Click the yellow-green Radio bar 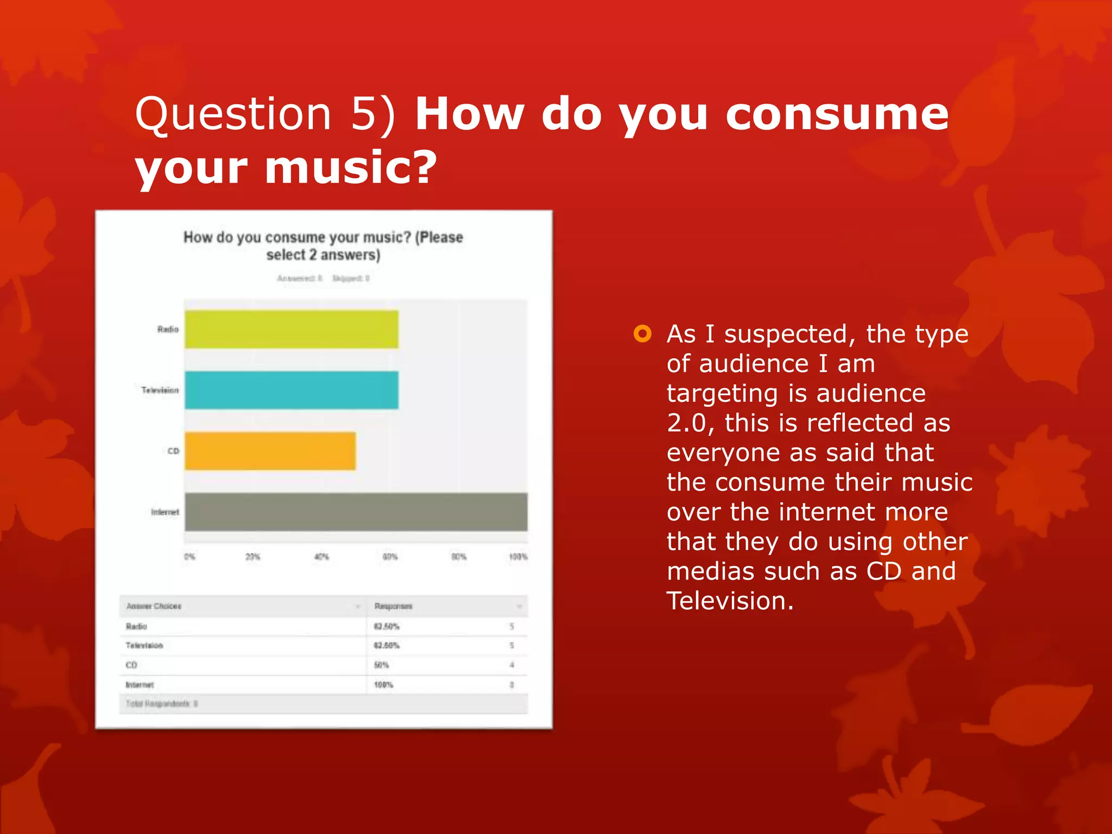pyautogui.click(x=292, y=330)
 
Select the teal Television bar pyautogui.click(x=292, y=390)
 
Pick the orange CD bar pyautogui.click(x=270, y=451)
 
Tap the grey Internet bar pyautogui.click(x=356, y=511)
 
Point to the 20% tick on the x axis pyautogui.click(x=253, y=557)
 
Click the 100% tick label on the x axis pyautogui.click(x=518, y=557)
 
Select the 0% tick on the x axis pyautogui.click(x=189, y=557)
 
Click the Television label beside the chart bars pyautogui.click(x=160, y=390)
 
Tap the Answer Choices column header pyautogui.click(x=154, y=606)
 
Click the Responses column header pyautogui.click(x=394, y=606)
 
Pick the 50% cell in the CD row pyautogui.click(x=381, y=665)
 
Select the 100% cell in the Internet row pyautogui.click(x=383, y=685)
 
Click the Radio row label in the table pyautogui.click(x=136, y=626)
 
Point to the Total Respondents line pyautogui.click(x=161, y=704)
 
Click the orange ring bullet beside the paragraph pyautogui.click(x=642, y=333)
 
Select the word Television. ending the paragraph pyautogui.click(x=730, y=601)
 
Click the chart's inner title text pyautogui.click(x=323, y=245)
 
